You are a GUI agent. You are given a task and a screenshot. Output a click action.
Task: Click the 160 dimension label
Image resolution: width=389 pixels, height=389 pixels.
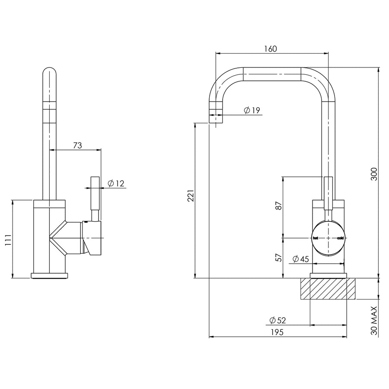270,48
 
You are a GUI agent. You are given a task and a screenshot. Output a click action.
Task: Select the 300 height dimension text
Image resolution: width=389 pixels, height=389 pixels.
374,174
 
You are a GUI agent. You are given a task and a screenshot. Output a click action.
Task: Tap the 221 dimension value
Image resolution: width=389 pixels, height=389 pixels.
191,196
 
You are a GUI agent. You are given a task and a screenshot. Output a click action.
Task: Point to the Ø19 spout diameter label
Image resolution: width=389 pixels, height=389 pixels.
252,110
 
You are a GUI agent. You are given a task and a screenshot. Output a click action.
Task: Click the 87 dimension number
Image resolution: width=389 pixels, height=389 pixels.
279,206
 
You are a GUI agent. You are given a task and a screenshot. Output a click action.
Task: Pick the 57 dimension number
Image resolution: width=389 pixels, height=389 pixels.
279,257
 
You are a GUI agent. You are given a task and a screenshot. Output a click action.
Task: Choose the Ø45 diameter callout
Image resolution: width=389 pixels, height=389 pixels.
300,259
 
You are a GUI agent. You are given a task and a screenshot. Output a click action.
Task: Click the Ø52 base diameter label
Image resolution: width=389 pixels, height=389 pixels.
277,320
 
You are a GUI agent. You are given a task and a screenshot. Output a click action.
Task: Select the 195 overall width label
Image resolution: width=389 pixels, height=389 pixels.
277,332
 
